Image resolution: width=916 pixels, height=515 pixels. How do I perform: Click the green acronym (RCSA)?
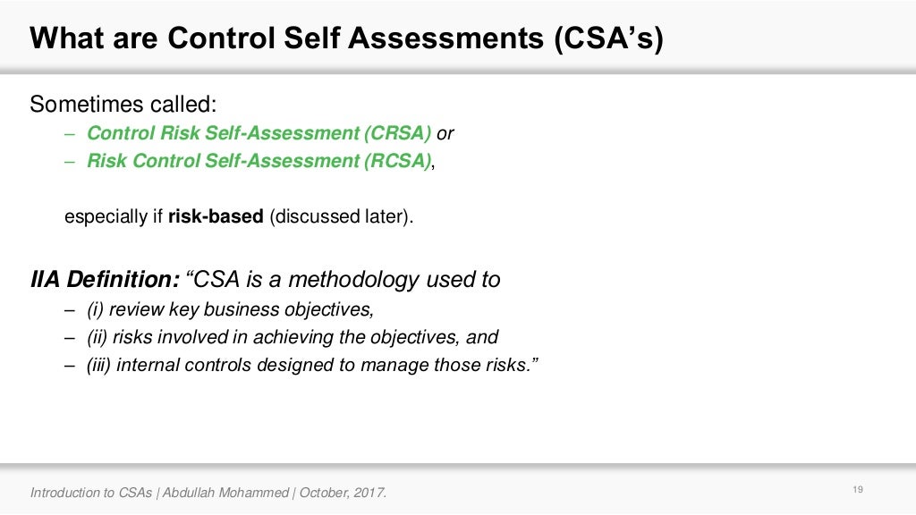click(397, 161)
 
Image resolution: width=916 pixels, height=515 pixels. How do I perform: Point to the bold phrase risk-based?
click(216, 217)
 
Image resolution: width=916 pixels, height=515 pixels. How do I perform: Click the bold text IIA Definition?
click(106, 280)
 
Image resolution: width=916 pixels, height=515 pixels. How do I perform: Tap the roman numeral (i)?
click(96, 310)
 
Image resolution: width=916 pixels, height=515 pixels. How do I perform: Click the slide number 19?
click(858, 489)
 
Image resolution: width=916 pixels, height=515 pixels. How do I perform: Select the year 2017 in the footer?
click(369, 493)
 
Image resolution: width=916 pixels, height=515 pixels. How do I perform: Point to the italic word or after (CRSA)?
click(445, 133)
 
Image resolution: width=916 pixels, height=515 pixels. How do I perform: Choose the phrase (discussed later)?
click(342, 217)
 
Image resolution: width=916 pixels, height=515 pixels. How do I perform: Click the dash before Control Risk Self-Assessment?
click(71, 133)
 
